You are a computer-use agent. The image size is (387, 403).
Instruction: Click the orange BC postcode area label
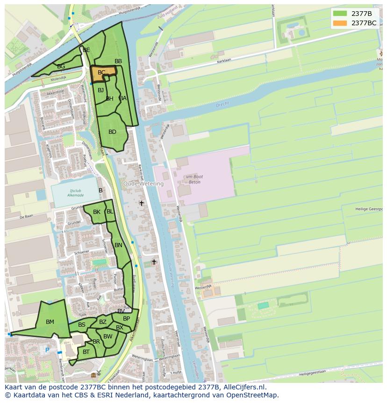click(101, 73)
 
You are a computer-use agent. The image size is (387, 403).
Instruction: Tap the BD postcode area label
click(112, 132)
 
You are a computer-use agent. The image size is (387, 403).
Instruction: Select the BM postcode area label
click(50, 322)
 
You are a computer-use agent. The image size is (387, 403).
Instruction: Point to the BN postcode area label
click(118, 245)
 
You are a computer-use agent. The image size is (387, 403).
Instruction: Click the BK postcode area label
click(97, 212)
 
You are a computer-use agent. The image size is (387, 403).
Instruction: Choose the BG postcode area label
click(61, 66)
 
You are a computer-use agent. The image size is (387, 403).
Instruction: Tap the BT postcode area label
click(86, 352)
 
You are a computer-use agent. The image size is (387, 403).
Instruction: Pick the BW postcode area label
click(108, 337)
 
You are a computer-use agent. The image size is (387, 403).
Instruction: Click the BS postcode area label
click(82, 325)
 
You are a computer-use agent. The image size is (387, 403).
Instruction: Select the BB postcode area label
click(118, 61)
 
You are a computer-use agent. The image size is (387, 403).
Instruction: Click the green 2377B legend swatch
click(340, 14)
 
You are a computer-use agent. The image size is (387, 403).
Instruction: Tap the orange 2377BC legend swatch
click(340, 23)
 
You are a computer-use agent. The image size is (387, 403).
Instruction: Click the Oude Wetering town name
click(143, 184)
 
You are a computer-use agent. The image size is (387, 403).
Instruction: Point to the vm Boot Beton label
click(193, 179)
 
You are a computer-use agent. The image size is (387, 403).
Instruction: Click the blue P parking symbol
click(47, 350)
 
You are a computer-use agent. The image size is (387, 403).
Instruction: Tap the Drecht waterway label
click(222, 105)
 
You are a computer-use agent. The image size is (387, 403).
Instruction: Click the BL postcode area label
click(110, 212)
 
